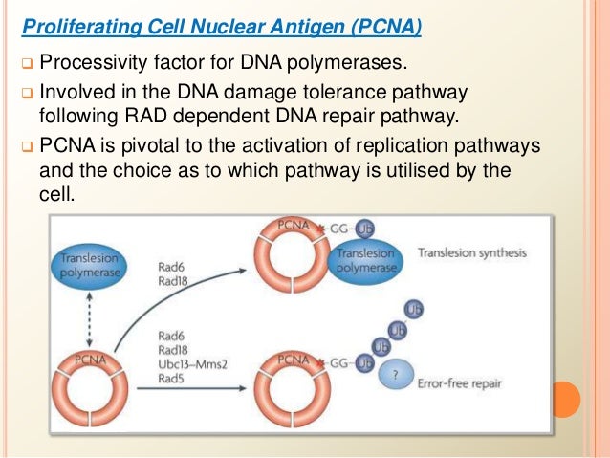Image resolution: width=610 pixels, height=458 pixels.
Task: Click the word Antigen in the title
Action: click(307, 27)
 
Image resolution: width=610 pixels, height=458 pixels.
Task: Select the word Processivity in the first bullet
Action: click(93, 62)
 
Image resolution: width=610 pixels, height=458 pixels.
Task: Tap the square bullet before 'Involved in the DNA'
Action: click(27, 94)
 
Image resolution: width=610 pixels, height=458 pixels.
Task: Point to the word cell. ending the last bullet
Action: click(56, 193)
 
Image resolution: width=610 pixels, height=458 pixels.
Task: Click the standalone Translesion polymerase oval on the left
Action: click(90, 266)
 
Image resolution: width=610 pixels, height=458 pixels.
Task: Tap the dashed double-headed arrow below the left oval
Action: click(90, 320)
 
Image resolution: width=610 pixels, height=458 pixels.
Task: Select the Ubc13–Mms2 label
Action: click(192, 364)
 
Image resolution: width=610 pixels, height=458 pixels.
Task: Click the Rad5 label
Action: click(171, 379)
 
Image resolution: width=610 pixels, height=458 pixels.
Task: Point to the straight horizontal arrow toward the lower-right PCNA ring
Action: click(191, 388)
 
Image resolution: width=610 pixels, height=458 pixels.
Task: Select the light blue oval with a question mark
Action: click(397, 375)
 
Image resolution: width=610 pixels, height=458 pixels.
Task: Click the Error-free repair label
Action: click(460, 383)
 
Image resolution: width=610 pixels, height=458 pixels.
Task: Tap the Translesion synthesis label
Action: click(472, 253)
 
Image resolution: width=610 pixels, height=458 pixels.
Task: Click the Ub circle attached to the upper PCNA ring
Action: click(365, 229)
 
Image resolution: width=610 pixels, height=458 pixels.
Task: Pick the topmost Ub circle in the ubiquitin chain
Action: click(414, 310)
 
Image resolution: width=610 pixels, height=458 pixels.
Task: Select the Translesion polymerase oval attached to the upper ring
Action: click(365, 261)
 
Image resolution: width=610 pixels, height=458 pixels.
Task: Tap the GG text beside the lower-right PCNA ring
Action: click(338, 363)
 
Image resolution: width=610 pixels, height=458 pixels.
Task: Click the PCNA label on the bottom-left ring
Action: click(90, 360)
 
